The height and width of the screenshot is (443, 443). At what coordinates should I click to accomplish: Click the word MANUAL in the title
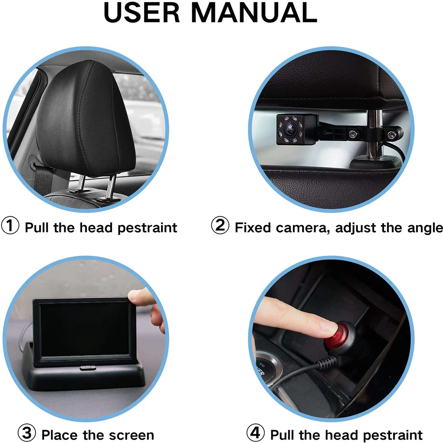(x=254, y=13)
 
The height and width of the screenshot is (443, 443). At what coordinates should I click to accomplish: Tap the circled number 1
(x=10, y=226)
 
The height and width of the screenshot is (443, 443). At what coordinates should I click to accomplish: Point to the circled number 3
(x=27, y=433)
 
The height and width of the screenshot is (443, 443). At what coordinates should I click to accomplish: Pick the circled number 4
(x=256, y=433)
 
